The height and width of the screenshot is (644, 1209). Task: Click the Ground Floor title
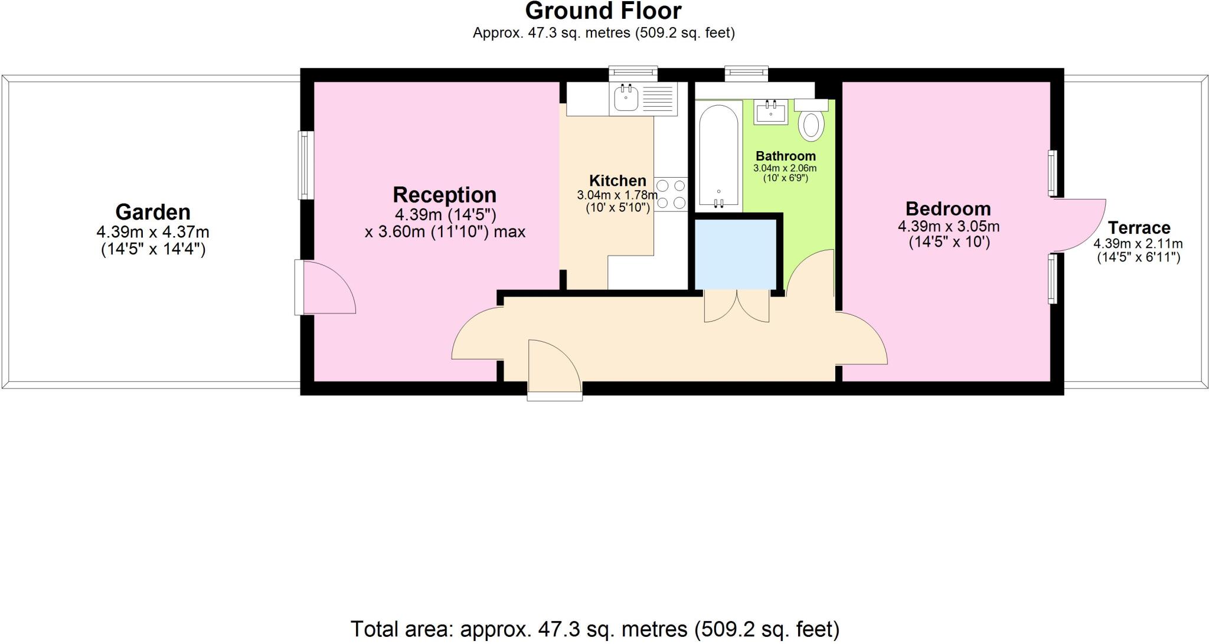(x=603, y=11)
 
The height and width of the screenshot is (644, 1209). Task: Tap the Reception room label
(x=445, y=195)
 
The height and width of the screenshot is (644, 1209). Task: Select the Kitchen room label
(x=617, y=181)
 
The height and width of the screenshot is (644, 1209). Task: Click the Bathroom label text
(x=785, y=156)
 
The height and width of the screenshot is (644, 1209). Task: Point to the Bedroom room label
(x=948, y=208)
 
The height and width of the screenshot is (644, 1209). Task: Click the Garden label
(x=153, y=212)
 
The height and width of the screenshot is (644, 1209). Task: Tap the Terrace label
(x=1139, y=228)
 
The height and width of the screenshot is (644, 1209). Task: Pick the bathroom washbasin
(x=771, y=112)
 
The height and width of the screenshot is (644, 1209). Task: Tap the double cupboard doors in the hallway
(x=737, y=306)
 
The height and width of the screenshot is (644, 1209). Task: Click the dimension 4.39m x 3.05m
(x=948, y=226)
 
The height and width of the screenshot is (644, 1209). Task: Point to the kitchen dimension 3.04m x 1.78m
(x=617, y=195)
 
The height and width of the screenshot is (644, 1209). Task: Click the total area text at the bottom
(x=594, y=630)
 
